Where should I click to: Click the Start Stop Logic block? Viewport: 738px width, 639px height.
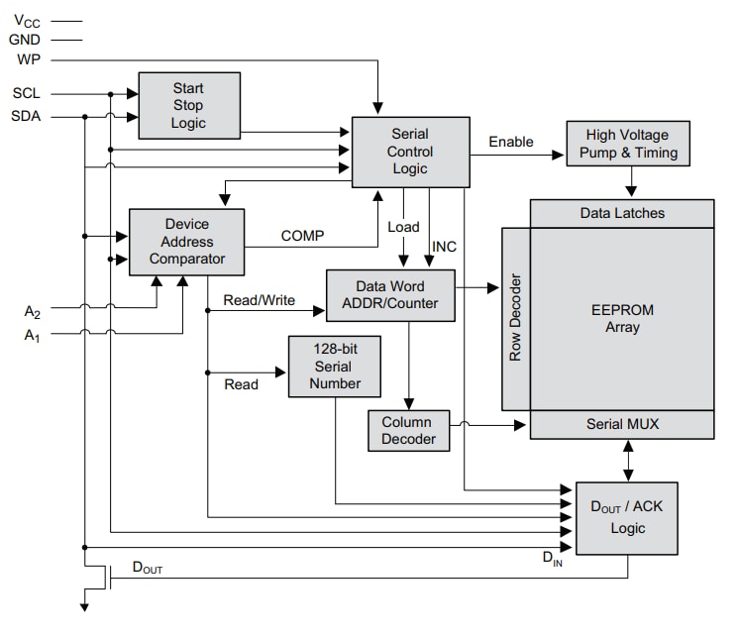[188, 105]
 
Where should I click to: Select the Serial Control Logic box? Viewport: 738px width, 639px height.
[410, 151]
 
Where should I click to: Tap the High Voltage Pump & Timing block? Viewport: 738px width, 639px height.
[627, 144]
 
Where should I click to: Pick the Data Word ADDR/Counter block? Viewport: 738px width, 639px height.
[390, 294]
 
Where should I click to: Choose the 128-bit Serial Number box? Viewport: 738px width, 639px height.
[333, 367]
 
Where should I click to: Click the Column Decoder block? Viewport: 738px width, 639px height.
[407, 431]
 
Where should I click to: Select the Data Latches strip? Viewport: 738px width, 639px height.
[621, 213]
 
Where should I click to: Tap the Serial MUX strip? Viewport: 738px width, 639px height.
[621, 424]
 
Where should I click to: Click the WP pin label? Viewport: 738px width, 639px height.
[28, 59]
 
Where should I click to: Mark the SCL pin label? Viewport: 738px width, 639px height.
[27, 94]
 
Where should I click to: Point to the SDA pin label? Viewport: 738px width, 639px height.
[27, 116]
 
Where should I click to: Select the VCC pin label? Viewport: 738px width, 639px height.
[27, 19]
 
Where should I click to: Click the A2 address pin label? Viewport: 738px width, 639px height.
[32, 310]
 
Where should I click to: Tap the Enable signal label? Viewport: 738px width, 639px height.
[510, 142]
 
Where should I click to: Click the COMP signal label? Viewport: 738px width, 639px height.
[303, 236]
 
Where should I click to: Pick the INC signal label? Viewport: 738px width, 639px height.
[445, 246]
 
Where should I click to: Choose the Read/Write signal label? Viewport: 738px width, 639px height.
[259, 300]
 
